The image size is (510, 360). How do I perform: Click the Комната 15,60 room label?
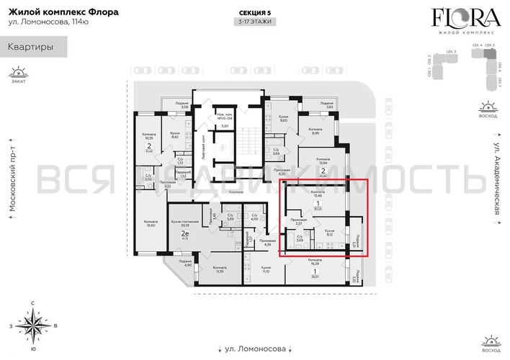[151, 224]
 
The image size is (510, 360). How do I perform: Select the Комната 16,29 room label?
[314, 261]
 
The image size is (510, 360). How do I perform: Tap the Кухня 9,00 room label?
[284, 119]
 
